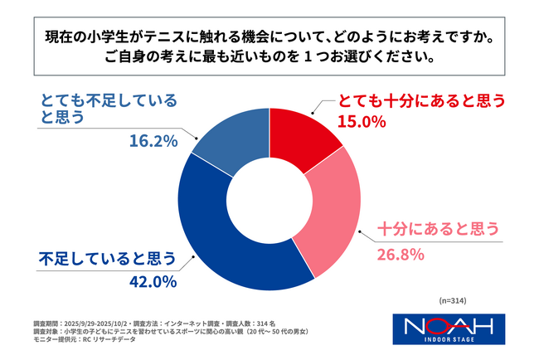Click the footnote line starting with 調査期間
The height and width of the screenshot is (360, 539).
coord(158,322)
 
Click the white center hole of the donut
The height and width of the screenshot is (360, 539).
coord(269,199)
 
